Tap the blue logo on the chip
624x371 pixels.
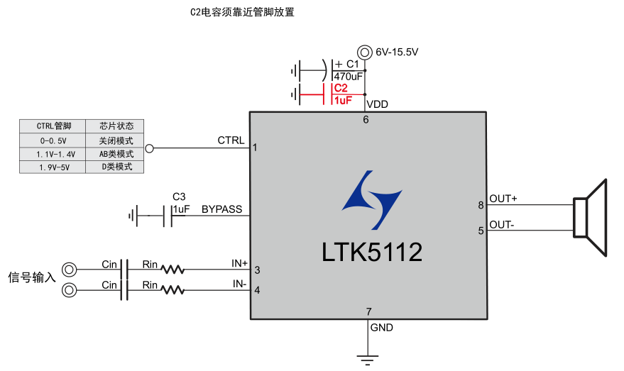point(371,199)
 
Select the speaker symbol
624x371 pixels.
point(591,216)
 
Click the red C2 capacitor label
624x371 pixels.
point(341,88)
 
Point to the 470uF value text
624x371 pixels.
point(348,76)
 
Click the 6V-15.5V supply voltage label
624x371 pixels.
point(397,52)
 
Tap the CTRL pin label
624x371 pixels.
point(231,140)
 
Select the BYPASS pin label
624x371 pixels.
point(221,209)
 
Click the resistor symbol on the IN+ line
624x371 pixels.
point(173,270)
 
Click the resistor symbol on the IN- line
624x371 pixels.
point(173,290)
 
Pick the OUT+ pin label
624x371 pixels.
point(503,199)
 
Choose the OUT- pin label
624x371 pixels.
point(501,225)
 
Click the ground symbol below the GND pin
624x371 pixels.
point(367,359)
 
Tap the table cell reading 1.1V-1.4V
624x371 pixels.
point(51,154)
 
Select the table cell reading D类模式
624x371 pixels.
point(116,167)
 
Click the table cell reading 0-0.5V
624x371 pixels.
point(51,140)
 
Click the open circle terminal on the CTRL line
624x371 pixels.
point(149,149)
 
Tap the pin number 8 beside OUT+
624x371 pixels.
point(481,206)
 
